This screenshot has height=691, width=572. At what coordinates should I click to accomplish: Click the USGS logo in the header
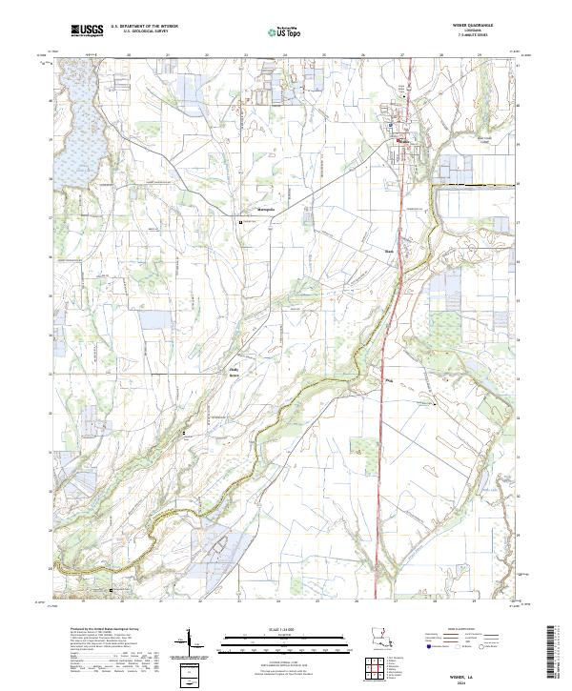(x=87, y=30)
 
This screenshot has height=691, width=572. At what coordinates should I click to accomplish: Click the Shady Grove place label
(x=230, y=365)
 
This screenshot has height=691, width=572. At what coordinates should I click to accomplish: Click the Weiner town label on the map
(x=404, y=144)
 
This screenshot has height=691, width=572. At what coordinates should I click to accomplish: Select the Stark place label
(x=388, y=253)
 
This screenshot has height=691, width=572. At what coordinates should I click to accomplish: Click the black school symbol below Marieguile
(x=240, y=222)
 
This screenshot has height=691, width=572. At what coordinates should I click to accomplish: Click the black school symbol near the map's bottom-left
(x=112, y=591)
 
